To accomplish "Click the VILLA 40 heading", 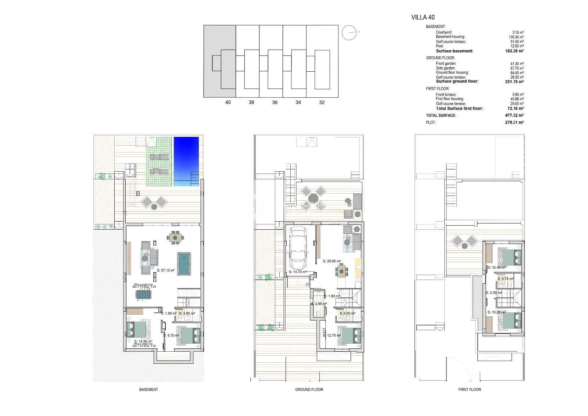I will coord(423,17).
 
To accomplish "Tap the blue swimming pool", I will coord(186,158).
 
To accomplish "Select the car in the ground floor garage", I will coord(298,248).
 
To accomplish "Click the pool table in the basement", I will coord(184,263).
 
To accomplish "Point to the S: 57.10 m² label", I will coord(165,270).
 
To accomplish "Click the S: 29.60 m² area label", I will coord(331,261).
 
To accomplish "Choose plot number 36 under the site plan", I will coord(275,103).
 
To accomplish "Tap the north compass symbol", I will coord(349,33).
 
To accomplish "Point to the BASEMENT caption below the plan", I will coord(148,390).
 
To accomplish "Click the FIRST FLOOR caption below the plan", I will coord(469,390).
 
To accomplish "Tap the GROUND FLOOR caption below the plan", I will coord(309,390).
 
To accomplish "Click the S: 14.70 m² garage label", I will coord(298,272).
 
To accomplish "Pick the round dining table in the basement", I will coord(175,238).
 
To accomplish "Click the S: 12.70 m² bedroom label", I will coord(331,335).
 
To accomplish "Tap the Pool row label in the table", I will coord(440,46).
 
